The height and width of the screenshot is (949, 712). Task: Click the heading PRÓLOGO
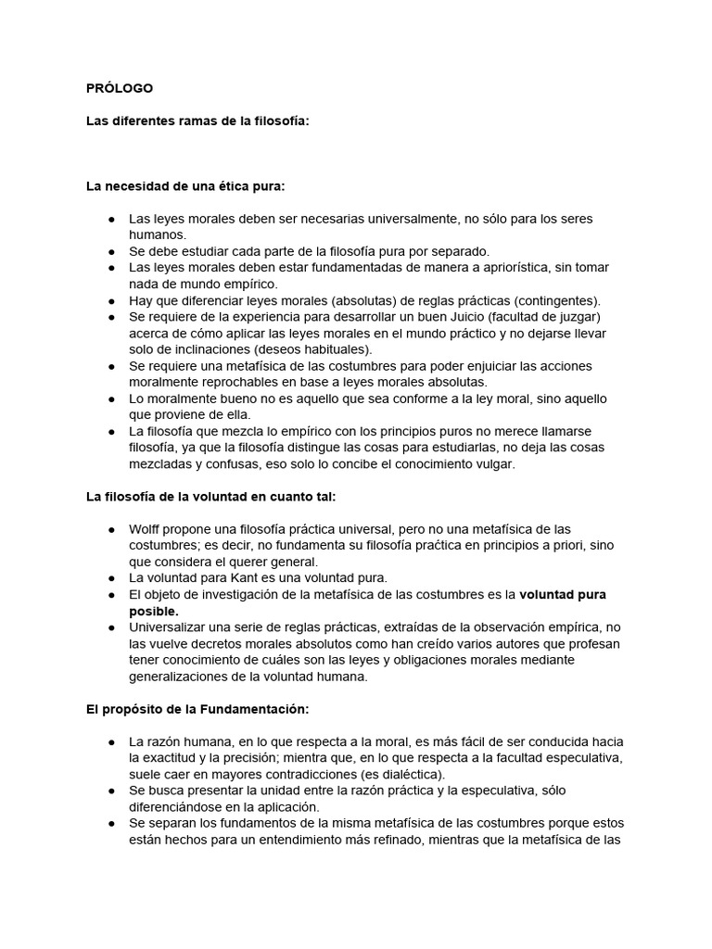[x=120, y=88]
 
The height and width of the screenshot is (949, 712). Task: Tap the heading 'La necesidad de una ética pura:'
[x=185, y=185]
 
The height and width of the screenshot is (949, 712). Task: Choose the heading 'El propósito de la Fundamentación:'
[x=197, y=709]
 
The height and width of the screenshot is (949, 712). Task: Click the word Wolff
[x=146, y=529]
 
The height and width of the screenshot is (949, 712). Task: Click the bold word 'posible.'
[x=154, y=611]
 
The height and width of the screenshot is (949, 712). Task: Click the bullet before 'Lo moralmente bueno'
[x=111, y=399]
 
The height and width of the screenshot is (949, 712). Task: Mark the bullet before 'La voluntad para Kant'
[x=111, y=577]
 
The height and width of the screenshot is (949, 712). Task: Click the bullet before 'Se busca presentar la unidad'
[x=111, y=791]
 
